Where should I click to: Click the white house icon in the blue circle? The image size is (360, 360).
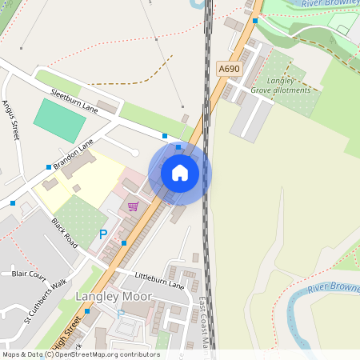click(180, 172)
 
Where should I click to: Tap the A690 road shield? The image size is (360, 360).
click(230, 69)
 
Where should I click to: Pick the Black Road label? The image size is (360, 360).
click(65, 232)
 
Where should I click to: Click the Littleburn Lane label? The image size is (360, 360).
click(159, 281)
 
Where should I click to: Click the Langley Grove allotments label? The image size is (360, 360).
click(286, 86)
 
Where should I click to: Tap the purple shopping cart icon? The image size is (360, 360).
click(133, 206)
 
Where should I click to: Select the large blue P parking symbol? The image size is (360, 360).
click(102, 234)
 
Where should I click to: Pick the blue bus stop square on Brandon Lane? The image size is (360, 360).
click(49, 167)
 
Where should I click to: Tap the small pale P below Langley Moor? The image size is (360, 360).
click(120, 314)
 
